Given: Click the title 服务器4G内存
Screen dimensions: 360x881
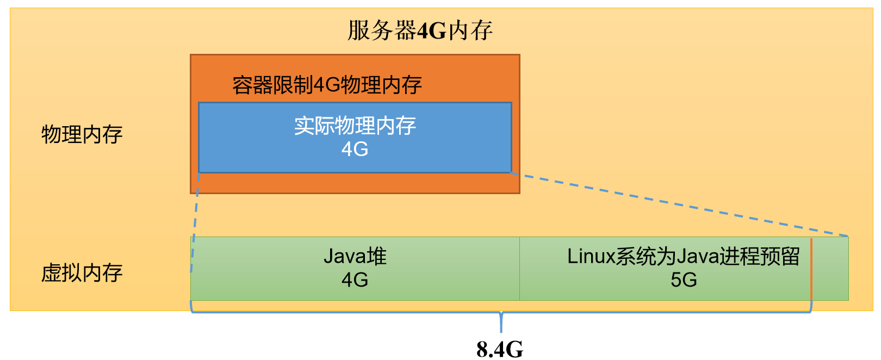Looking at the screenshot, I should point(420,31).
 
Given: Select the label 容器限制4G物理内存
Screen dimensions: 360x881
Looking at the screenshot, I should point(327,85).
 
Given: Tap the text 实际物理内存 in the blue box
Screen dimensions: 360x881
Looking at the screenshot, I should point(355,126).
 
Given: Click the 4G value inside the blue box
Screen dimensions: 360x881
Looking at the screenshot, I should point(355,149).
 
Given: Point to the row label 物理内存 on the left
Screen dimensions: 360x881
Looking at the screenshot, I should point(82,134).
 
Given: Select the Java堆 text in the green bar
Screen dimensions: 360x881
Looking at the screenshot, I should point(355,256).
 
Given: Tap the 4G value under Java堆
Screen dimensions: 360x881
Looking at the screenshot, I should point(355,280).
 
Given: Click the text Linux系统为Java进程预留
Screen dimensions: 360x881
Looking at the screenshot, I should point(683,256).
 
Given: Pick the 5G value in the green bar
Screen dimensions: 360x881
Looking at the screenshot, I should point(684,280).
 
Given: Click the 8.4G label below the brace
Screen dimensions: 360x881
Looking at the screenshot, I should point(500,349).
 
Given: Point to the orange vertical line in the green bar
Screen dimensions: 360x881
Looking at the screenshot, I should point(811,269).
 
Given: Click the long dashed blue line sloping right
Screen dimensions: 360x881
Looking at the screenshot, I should point(680,205).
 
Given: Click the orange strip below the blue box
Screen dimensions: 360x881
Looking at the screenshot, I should point(355,183).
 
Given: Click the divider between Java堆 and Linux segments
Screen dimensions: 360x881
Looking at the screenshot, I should point(519,269).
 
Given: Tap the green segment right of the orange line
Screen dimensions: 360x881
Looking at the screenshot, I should point(830,269).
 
